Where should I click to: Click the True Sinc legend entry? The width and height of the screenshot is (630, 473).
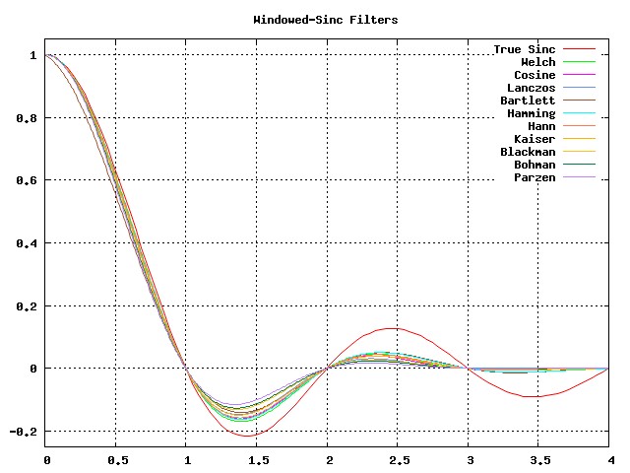pos(525,49)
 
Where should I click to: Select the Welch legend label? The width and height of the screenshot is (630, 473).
pos(537,62)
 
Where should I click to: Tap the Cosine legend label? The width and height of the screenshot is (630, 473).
pos(535,75)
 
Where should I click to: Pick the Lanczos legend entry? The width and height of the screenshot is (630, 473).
pos(532,88)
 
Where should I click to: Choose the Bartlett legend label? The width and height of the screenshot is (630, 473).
pos(528,101)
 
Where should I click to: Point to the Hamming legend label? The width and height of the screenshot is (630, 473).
pos(532,113)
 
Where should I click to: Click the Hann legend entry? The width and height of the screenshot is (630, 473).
pos(541,126)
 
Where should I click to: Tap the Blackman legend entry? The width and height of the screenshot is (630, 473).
pos(528,152)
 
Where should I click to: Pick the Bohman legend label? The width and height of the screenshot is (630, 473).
pos(535,165)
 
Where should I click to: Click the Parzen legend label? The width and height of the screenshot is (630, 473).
pos(535,177)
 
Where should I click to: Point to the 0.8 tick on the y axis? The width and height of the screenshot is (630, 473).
pos(23,118)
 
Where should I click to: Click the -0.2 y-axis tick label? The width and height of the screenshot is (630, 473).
pos(20,432)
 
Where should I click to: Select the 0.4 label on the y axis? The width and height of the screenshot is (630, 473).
pos(23,243)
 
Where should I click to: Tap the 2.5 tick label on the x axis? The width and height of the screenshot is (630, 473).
pos(399,459)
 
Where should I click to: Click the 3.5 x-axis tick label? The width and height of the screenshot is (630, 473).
pos(539,459)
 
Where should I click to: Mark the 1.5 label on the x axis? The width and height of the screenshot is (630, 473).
pos(258,459)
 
